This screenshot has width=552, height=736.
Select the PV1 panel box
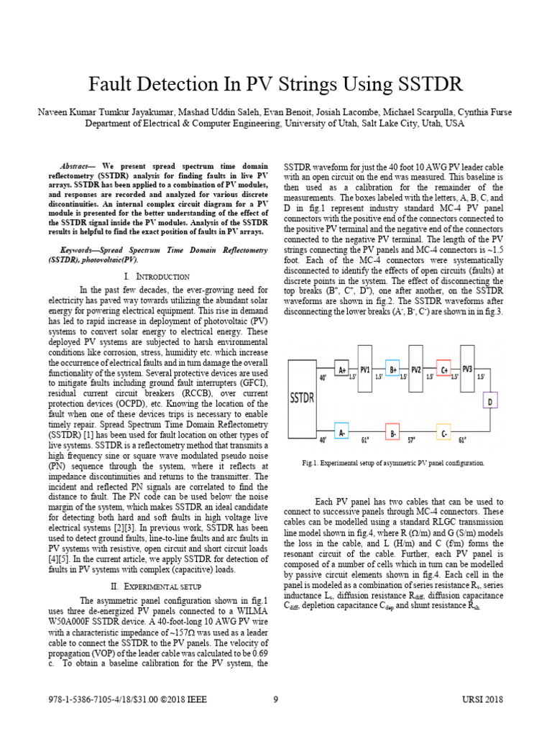pos(366,371)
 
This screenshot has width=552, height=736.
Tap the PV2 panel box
pos(415,371)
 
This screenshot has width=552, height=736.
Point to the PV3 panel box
pos(467,371)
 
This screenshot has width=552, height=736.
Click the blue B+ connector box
pos(392,370)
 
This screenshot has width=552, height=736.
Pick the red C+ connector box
pos(443,370)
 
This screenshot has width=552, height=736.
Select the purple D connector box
pos(489,401)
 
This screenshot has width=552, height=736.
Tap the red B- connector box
pos(392,433)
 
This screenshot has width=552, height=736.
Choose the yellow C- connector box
pos(443,433)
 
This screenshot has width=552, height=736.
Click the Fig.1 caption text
pos(393,464)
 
